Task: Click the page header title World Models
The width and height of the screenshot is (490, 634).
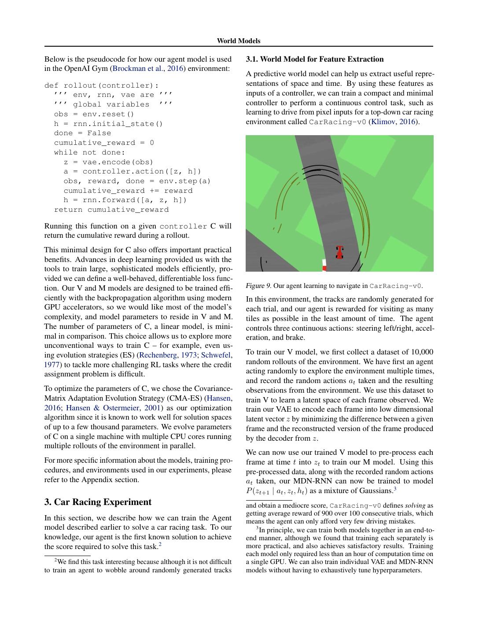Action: [238, 41]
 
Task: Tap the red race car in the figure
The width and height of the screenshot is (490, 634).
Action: [339, 252]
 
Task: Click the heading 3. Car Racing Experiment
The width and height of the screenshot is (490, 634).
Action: [98, 502]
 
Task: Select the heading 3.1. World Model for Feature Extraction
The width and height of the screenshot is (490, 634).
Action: [315, 59]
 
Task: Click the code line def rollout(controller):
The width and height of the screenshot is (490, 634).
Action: [102, 85]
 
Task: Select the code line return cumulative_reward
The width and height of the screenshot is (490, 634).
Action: [111, 210]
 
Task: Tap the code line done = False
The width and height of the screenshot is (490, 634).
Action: [82, 133]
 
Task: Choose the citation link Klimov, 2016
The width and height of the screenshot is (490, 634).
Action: [394, 122]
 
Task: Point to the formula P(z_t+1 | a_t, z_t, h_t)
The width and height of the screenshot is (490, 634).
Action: [277, 491]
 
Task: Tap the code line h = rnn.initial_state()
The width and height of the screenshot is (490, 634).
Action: [108, 124]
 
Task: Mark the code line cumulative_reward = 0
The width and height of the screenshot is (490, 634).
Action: [104, 143]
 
